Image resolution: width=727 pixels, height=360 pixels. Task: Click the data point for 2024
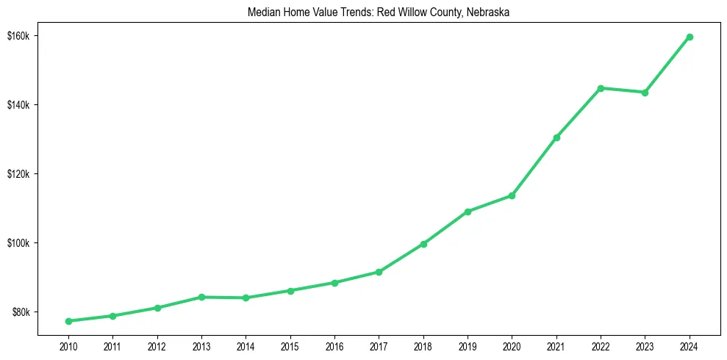(x=690, y=37)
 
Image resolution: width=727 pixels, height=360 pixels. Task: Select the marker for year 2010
(x=68, y=321)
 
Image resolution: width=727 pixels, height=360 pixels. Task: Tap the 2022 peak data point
(x=601, y=88)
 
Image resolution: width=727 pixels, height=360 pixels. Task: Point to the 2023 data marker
(x=645, y=93)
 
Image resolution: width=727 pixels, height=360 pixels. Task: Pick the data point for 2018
(x=423, y=244)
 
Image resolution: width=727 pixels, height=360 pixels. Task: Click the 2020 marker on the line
(x=512, y=195)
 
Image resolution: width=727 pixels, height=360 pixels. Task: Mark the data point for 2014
(x=246, y=298)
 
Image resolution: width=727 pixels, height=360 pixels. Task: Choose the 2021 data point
(x=556, y=137)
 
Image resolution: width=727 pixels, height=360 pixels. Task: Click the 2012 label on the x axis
(x=157, y=346)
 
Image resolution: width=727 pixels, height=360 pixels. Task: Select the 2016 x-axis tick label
(x=334, y=346)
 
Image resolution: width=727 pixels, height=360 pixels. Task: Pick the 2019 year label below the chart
(x=468, y=346)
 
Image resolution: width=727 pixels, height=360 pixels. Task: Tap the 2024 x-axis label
(x=690, y=346)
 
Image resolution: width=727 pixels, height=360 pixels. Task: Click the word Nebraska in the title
(x=483, y=12)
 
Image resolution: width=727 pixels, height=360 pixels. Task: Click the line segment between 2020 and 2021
(x=534, y=166)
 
